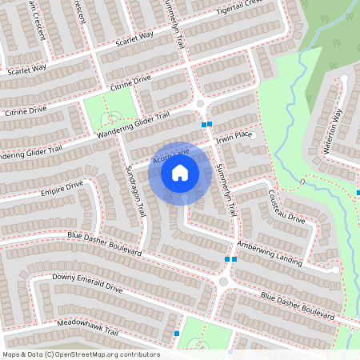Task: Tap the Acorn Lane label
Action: click(170, 152)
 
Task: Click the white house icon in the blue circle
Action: click(180, 172)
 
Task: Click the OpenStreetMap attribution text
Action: click(81, 354)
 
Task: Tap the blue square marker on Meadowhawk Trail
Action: click(176, 334)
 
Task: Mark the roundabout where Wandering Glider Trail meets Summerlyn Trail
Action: click(200, 104)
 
